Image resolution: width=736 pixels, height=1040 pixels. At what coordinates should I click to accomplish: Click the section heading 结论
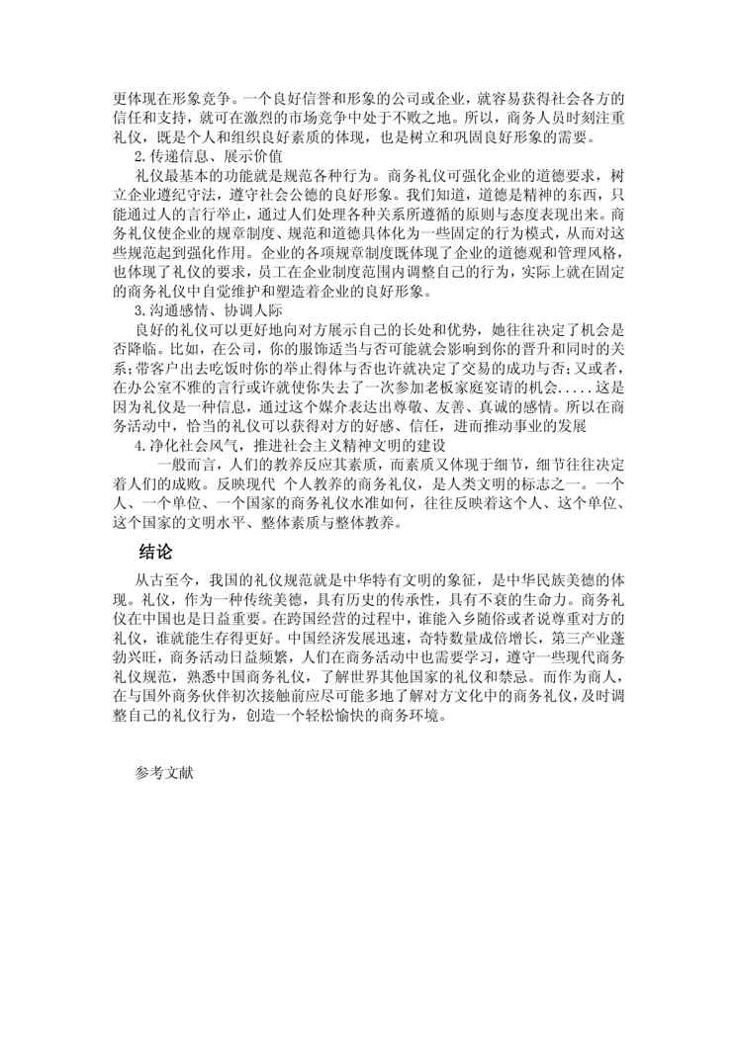(156, 552)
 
